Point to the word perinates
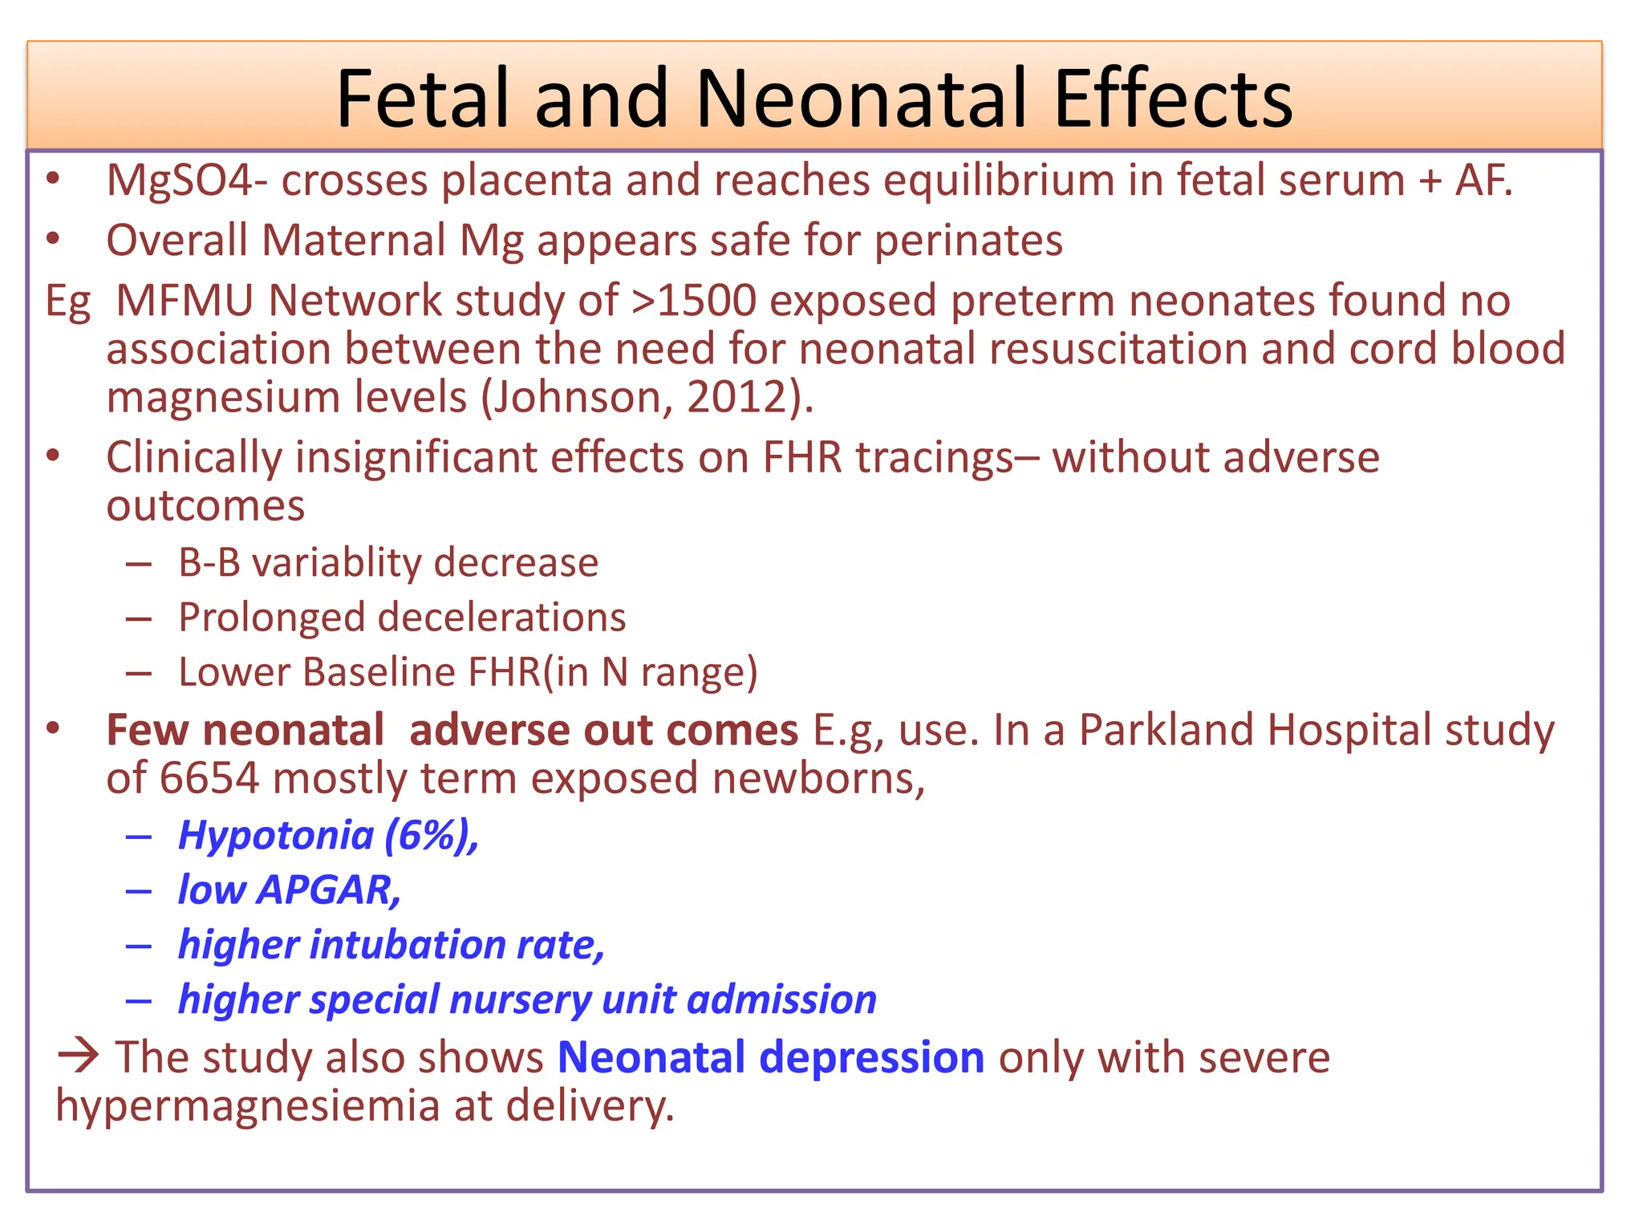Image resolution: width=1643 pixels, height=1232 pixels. (968, 241)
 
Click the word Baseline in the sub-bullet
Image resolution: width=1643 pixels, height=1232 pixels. (379, 672)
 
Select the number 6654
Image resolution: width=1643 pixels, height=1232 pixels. (209, 779)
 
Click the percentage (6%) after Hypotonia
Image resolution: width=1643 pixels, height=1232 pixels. (431, 836)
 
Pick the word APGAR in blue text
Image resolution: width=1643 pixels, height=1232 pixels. (328, 890)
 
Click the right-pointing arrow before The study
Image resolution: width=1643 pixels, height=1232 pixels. (79, 1055)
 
